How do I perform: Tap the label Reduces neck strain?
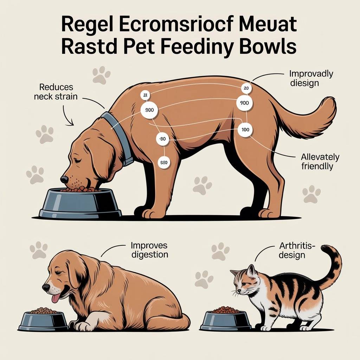coord(56,92)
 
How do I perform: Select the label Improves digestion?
coord(149,250)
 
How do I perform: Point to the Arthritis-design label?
coord(296,250)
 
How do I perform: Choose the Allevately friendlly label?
coord(320,162)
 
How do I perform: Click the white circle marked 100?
coord(245,130)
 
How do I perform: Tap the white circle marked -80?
coord(162,139)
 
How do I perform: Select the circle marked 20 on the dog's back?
coord(246,88)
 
